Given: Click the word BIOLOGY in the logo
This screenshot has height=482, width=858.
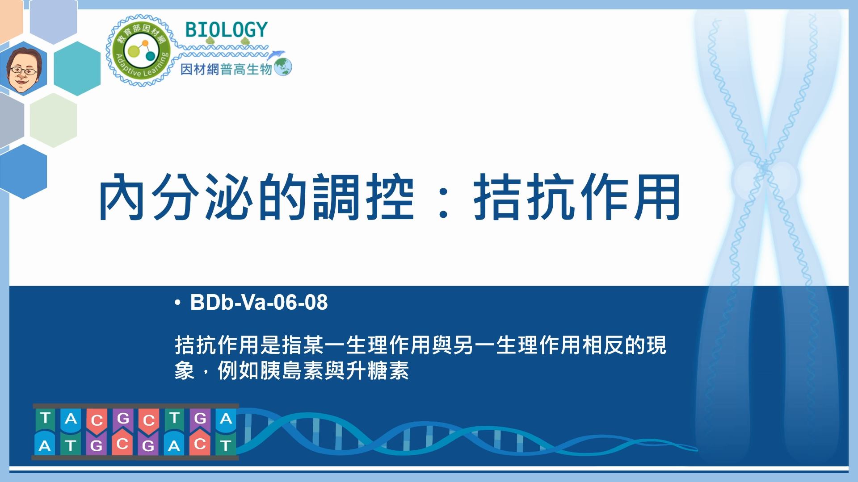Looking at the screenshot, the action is pyautogui.click(x=226, y=29).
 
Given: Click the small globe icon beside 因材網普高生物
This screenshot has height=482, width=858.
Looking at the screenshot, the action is pyautogui.click(x=283, y=67).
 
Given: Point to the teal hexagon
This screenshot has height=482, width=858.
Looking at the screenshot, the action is pyautogui.click(x=77, y=68).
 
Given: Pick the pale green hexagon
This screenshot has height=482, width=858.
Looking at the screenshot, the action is pyautogui.click(x=54, y=120).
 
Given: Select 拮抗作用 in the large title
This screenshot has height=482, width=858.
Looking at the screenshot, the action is pyautogui.click(x=577, y=197).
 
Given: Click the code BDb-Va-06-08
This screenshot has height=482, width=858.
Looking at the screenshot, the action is pyautogui.click(x=259, y=303).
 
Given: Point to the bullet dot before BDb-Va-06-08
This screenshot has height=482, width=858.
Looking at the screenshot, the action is pyautogui.click(x=178, y=303).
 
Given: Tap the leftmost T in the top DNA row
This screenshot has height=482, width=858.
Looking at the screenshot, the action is pyautogui.click(x=45, y=418).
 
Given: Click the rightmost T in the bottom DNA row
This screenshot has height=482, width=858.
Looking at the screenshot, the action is pyautogui.click(x=226, y=445).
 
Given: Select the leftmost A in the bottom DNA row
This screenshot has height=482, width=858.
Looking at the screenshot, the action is pyautogui.click(x=45, y=445).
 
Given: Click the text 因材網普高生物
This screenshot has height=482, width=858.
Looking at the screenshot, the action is pyautogui.click(x=226, y=69).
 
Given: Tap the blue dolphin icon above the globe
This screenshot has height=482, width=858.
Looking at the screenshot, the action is pyautogui.click(x=276, y=54).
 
